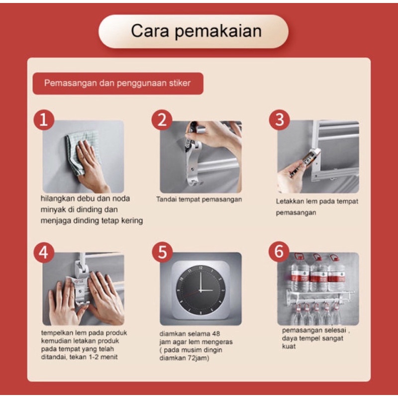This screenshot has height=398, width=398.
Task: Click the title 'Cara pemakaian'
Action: point(196,31)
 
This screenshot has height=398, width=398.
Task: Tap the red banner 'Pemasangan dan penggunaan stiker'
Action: point(118,84)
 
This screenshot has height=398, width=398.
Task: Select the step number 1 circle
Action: point(44,120)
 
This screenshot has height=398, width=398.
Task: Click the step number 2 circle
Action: point(162,120)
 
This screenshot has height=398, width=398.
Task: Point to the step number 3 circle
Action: point(279,120)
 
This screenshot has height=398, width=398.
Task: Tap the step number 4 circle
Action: point(44,253)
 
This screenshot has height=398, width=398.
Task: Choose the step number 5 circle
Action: point(162,252)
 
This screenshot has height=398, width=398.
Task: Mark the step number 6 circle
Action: point(279,251)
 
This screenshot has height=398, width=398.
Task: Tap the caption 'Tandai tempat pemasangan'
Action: point(199,199)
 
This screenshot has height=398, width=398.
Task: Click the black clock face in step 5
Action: point(200,290)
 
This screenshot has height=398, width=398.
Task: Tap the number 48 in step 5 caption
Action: point(215,333)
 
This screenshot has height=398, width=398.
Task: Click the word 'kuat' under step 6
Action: point(289,346)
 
